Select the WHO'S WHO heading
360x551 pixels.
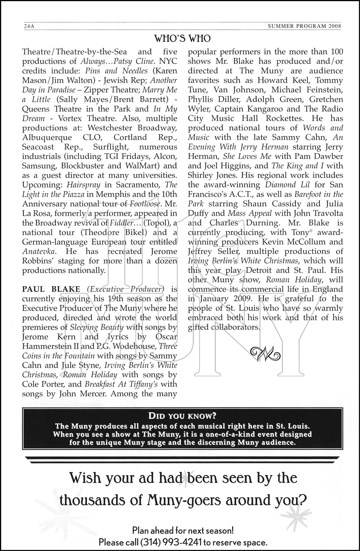click(182, 39)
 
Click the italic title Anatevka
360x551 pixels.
click(39, 251)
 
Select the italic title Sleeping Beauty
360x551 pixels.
click(97, 327)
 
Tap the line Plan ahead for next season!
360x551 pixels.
click(183, 530)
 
